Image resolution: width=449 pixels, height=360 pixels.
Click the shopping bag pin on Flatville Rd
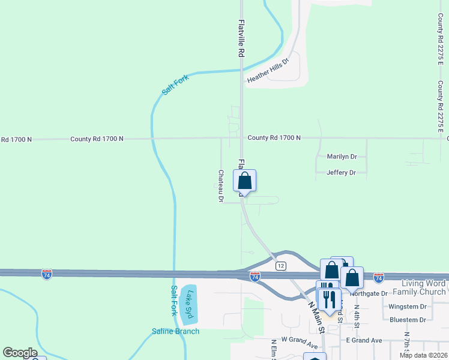[245, 181]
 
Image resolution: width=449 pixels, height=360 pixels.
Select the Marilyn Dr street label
[342, 157]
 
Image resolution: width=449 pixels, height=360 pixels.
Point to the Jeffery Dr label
[341, 173]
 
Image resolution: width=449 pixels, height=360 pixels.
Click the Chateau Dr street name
[221, 185]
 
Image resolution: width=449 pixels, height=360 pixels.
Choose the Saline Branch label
[175, 331]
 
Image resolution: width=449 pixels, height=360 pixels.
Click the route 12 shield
[280, 265]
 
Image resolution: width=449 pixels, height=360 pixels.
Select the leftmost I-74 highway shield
[47, 274]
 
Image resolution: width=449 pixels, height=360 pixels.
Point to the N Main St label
[316, 316]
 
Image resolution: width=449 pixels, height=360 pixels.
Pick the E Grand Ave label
[364, 340]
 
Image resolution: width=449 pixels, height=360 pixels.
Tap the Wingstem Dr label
[408, 307]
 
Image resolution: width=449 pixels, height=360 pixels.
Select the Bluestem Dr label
[408, 320]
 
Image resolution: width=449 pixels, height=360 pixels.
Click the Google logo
[20, 353]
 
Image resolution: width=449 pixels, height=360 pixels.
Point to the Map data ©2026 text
[423, 355]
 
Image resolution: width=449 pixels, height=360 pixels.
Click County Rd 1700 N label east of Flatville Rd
[274, 138]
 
